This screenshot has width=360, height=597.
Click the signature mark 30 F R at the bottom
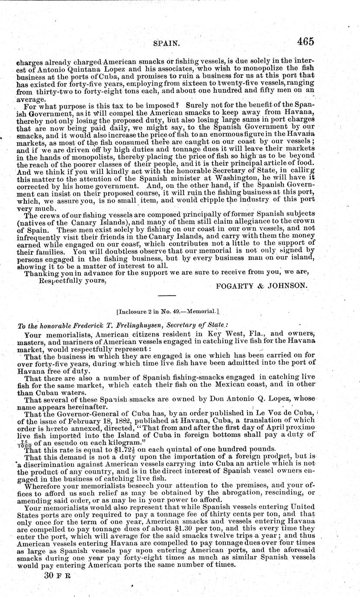click(57, 577)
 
